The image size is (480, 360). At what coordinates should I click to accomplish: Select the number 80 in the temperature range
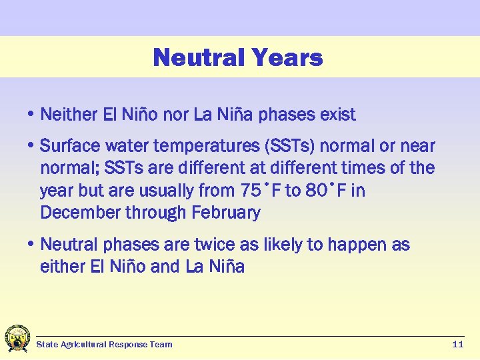(x=313, y=191)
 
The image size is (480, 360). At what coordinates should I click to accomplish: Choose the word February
(x=228, y=213)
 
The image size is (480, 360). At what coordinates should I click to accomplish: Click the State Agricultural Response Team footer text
(x=104, y=345)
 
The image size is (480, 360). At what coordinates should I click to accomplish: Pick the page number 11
(x=457, y=345)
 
